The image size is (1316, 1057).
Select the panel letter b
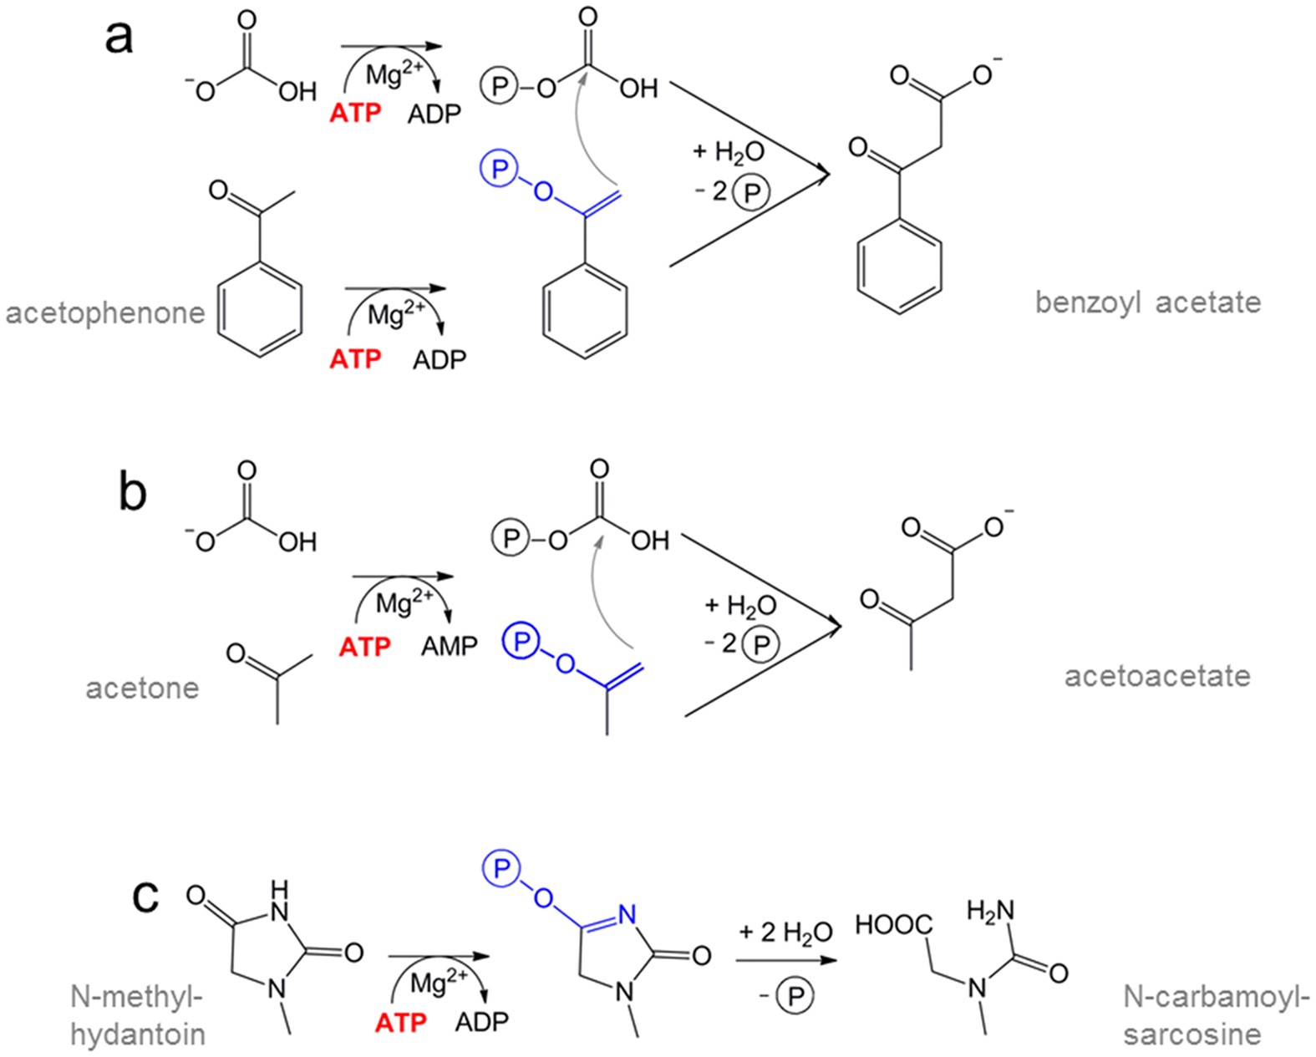(132, 493)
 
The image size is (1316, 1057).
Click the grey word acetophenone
(105, 313)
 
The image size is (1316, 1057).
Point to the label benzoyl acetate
(1147, 302)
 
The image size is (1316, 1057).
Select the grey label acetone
(142, 688)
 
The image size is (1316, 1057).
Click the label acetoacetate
(1156, 675)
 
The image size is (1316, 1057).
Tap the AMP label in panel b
(449, 646)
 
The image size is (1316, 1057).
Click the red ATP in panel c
(400, 1022)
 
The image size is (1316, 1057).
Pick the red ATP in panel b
(364, 646)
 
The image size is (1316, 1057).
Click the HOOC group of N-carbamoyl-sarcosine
(893, 925)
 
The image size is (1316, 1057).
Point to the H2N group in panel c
(990, 910)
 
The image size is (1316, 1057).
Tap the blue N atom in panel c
(628, 915)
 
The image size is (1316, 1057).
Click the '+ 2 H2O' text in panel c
(785, 932)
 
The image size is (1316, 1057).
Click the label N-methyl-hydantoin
(138, 1015)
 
